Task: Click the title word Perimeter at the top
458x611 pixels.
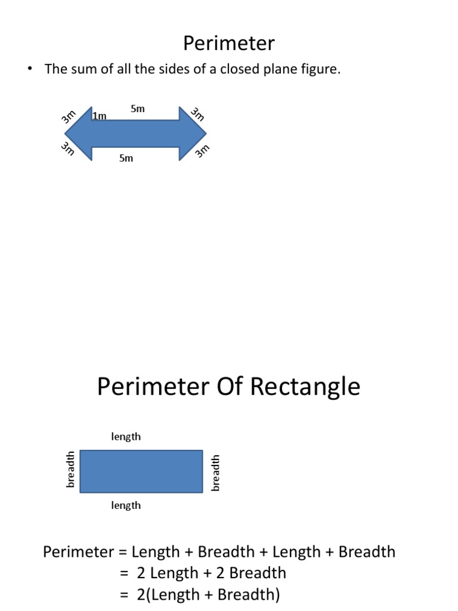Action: tap(228, 43)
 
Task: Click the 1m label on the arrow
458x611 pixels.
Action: tap(100, 116)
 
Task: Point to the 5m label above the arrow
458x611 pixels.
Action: tap(138, 109)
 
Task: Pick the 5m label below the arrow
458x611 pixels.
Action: tap(126, 158)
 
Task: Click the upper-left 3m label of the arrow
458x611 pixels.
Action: tap(69, 116)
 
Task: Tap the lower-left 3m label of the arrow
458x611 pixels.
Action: tap(67, 149)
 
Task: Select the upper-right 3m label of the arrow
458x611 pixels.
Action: tap(197, 113)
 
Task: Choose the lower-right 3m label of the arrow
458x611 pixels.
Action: tap(203, 152)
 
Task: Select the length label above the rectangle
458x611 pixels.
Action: tap(126, 437)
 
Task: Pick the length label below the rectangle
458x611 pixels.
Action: tap(126, 505)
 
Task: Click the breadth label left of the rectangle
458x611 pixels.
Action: tap(70, 470)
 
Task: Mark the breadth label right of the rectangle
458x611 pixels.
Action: tap(216, 473)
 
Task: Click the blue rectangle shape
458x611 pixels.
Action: tap(141, 471)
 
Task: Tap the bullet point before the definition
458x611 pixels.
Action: tap(28, 69)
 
